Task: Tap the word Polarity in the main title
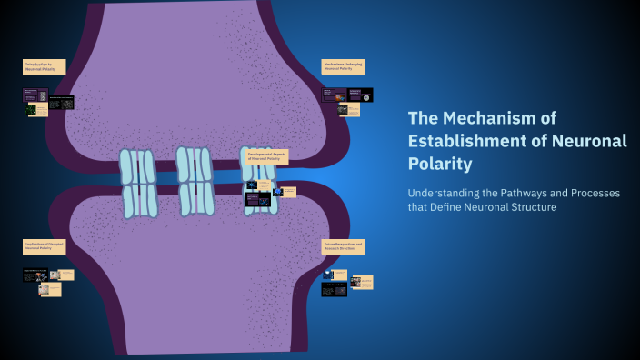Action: pos(440,164)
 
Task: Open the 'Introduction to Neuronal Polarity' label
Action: pos(41,66)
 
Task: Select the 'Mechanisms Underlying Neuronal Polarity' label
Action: pos(342,66)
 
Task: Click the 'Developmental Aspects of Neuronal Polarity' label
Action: pos(266,156)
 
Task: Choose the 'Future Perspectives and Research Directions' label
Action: pos(343,246)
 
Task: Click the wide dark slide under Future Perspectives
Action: pos(334,290)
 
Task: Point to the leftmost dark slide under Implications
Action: pos(30,275)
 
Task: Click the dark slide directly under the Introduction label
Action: pos(35,94)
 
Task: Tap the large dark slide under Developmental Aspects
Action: pos(257,198)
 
